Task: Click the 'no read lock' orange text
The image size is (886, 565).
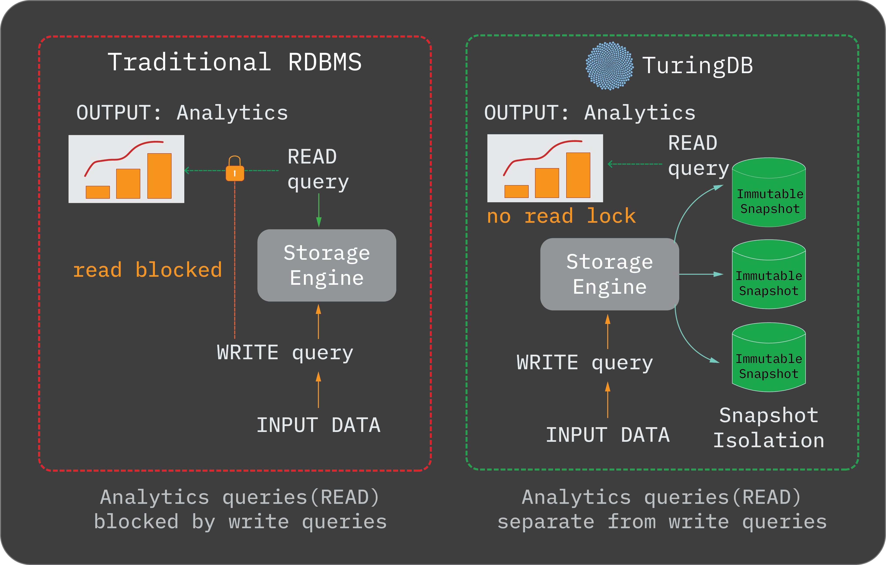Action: [561, 216]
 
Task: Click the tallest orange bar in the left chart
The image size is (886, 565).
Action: [159, 176]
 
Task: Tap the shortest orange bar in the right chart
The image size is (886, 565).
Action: [516, 191]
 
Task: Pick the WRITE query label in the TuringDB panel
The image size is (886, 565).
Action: [585, 363]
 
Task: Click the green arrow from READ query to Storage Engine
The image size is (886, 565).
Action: [319, 210]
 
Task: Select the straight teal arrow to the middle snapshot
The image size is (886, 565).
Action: [701, 274]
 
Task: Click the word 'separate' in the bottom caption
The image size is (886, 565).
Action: [546, 522]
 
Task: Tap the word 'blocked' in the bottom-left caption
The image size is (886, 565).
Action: [136, 522]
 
